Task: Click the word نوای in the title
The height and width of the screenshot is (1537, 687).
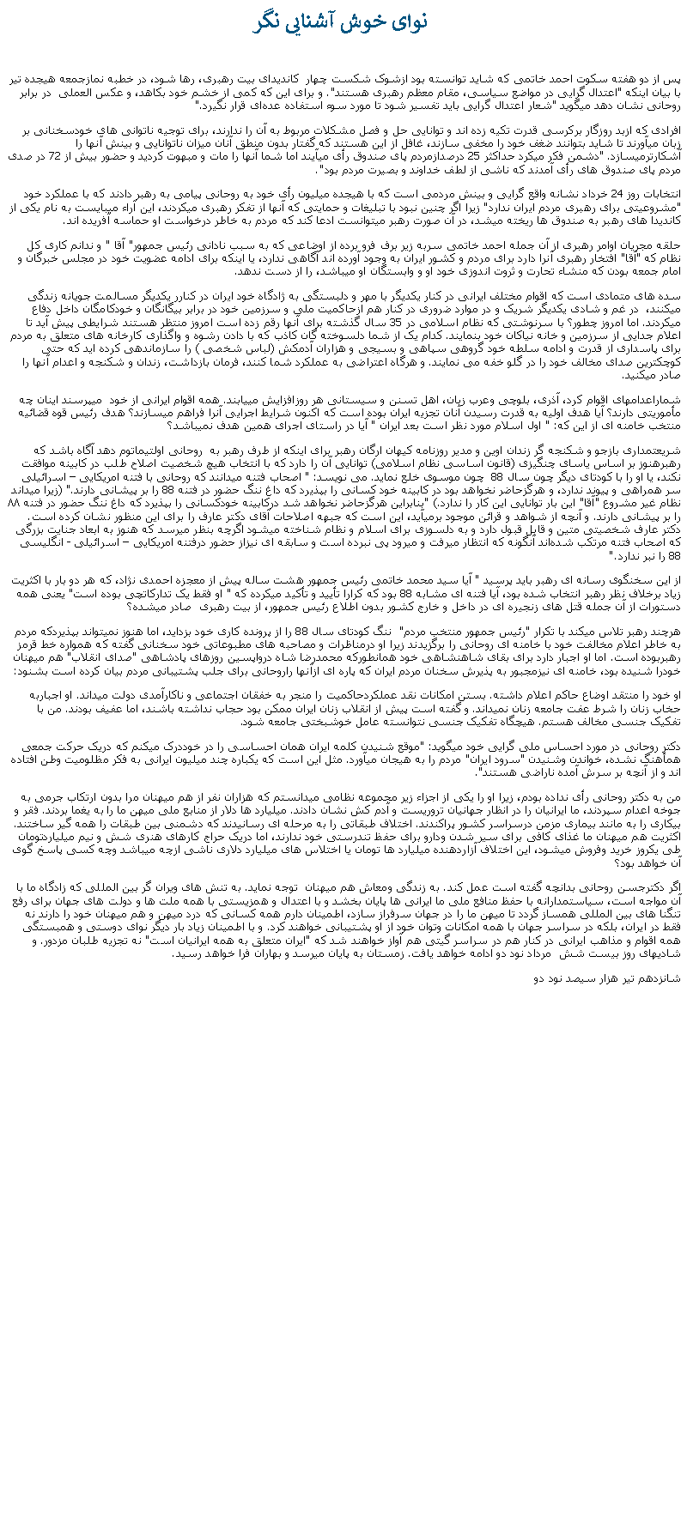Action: [x=407, y=21]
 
